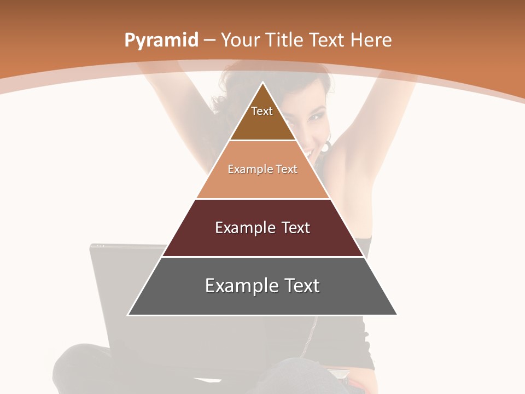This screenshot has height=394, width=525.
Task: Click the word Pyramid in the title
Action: (161, 40)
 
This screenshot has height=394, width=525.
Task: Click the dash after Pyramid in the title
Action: (209, 40)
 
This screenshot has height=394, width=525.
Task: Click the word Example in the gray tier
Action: (240, 286)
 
